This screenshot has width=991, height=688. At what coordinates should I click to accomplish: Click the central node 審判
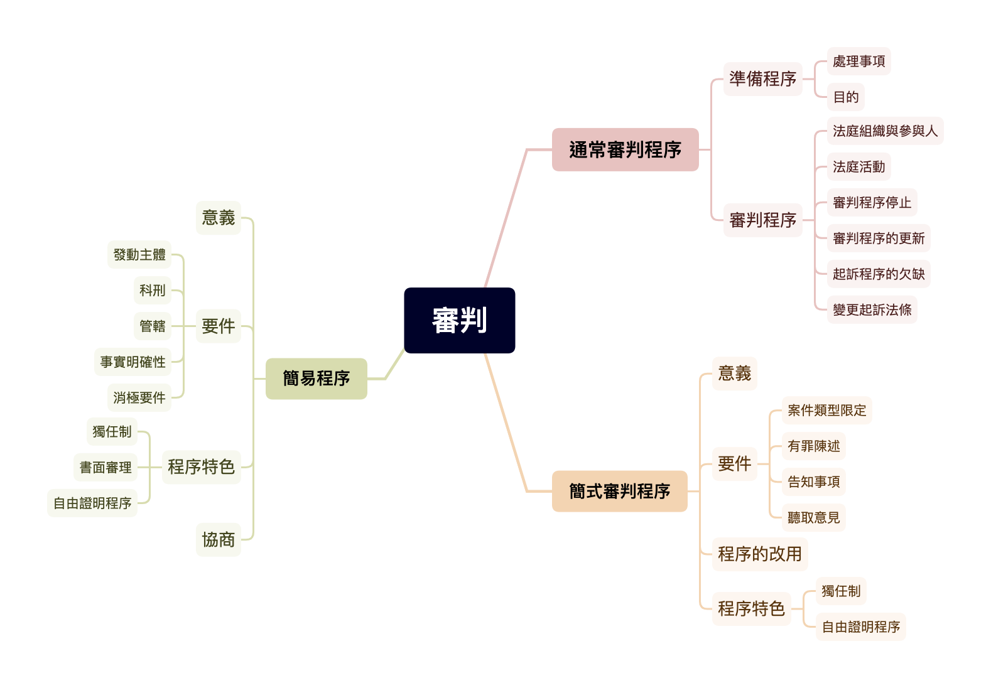pyautogui.click(x=460, y=320)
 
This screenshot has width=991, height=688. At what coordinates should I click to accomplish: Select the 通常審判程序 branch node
pyautogui.click(x=625, y=150)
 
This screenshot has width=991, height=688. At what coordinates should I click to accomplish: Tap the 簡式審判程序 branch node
pyautogui.click(x=619, y=491)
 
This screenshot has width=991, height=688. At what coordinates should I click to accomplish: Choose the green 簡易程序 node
pyautogui.click(x=316, y=379)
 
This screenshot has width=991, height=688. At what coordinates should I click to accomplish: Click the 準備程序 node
pyautogui.click(x=762, y=79)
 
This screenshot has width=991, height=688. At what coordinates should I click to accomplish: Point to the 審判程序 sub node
pyautogui.click(x=762, y=220)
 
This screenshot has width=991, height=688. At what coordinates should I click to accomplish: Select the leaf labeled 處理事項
pyautogui.click(x=858, y=62)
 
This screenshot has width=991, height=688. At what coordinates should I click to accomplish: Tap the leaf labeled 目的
pyautogui.click(x=845, y=97)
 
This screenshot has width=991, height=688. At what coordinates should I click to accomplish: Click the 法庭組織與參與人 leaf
pyautogui.click(x=884, y=131)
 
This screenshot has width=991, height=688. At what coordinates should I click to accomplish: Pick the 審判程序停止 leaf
pyautogui.click(x=872, y=203)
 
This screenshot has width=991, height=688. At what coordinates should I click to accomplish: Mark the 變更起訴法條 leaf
pyautogui.click(x=872, y=310)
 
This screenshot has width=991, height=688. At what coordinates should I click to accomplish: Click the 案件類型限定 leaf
pyautogui.click(x=826, y=411)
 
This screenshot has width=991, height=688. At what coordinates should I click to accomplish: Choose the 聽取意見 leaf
pyautogui.click(x=813, y=518)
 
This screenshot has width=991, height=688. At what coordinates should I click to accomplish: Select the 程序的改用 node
pyautogui.click(x=759, y=554)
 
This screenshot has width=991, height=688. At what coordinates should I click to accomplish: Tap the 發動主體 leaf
pyautogui.click(x=139, y=255)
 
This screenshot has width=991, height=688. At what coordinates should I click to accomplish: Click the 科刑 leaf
pyautogui.click(x=153, y=291)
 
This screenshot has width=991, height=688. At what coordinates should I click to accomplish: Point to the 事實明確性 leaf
pyautogui.click(x=133, y=362)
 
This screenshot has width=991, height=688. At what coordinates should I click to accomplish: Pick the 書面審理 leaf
pyautogui.click(x=106, y=468)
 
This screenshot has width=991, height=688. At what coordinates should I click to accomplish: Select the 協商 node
pyautogui.click(x=218, y=540)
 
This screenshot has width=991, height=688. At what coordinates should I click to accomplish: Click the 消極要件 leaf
pyautogui.click(x=139, y=398)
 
